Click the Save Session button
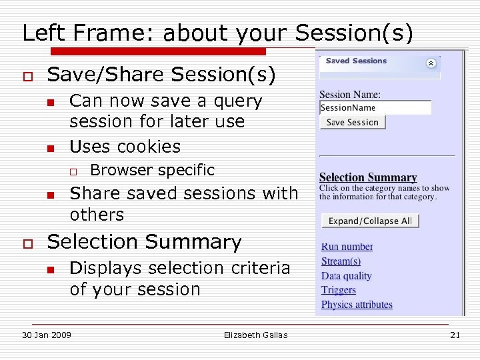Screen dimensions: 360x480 click(x=353, y=123)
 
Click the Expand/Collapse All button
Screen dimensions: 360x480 click(x=370, y=221)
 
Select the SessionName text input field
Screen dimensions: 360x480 click(x=375, y=108)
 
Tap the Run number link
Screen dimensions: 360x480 click(x=347, y=247)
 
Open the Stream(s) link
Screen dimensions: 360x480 click(x=341, y=261)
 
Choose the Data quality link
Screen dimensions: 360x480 click(x=346, y=276)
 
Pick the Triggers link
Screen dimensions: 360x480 click(x=339, y=290)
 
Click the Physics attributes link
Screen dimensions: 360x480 click(x=357, y=305)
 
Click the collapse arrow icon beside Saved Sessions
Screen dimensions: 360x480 click(x=431, y=63)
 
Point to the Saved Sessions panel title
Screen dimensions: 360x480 click(x=356, y=61)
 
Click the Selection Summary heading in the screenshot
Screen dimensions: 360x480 click(x=368, y=177)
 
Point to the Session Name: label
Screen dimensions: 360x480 click(x=350, y=95)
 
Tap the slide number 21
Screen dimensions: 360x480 click(x=455, y=335)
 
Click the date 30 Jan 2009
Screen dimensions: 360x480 click(x=47, y=335)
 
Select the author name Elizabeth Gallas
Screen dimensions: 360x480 click(x=256, y=335)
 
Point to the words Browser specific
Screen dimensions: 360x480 click(x=152, y=170)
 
